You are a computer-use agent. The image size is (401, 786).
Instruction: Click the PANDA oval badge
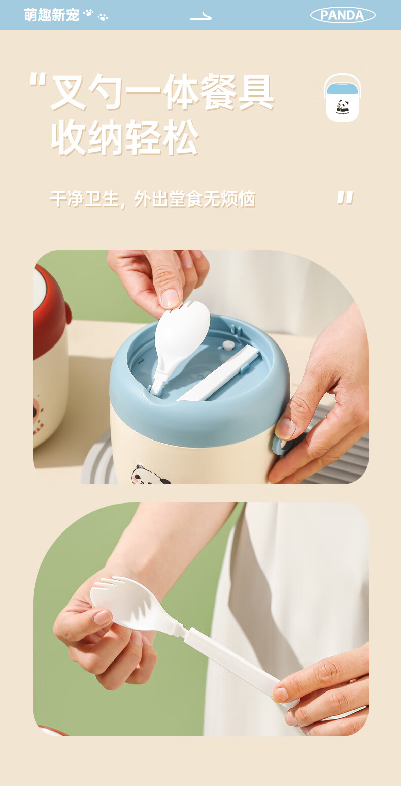[343, 15]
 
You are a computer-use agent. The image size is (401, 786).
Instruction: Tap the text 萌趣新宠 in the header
[52, 15]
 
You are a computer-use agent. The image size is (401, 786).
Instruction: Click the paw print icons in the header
[96, 15]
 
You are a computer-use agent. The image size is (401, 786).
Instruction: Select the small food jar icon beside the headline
[343, 98]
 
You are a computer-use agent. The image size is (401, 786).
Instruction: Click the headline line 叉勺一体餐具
[162, 92]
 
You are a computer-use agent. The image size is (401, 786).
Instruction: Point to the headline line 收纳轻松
[125, 137]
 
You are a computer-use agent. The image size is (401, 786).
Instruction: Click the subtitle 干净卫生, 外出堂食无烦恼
[153, 199]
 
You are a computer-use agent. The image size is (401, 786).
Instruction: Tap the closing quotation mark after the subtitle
[345, 197]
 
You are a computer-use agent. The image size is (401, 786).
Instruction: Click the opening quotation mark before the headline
[38, 79]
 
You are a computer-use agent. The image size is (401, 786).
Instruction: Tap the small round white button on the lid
[228, 345]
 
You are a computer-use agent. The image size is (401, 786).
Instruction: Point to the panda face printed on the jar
[151, 475]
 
